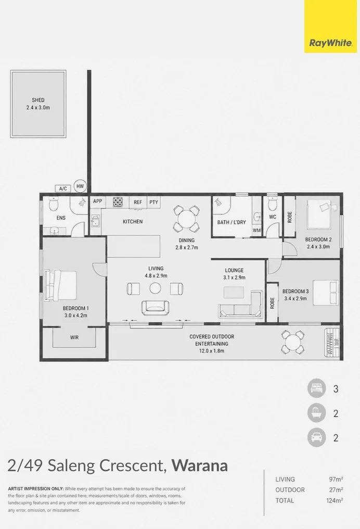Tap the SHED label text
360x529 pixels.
click(38, 100)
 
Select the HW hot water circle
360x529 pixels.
click(80, 186)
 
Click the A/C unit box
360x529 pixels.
click(63, 188)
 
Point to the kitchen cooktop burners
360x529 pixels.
click(118, 201)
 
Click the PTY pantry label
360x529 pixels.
click(153, 202)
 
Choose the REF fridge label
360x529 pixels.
click(138, 202)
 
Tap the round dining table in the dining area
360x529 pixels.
click(186, 219)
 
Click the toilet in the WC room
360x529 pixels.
click(273, 204)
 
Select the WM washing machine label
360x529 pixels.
click(256, 231)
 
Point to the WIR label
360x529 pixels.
click(74, 337)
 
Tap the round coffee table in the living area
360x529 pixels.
click(155, 288)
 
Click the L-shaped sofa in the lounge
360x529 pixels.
click(240, 304)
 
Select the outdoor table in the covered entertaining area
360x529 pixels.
click(293, 343)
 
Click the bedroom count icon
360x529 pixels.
click(316, 388)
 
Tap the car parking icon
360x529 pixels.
click(316, 437)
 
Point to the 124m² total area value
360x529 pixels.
click(335, 500)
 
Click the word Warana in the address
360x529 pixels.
click(200, 465)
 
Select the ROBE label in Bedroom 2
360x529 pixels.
click(290, 217)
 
